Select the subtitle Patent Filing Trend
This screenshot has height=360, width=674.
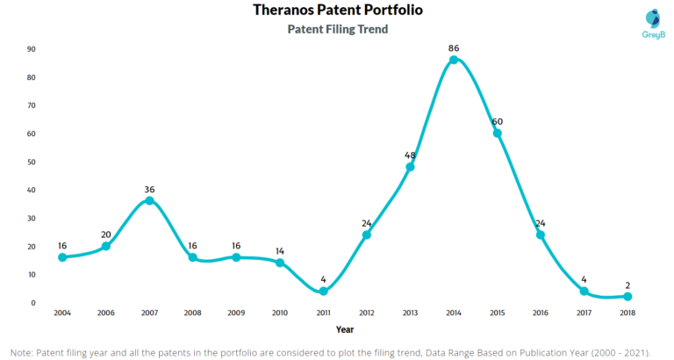tap(337, 29)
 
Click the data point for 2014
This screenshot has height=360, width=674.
tap(454, 60)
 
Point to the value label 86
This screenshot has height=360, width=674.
tap(454, 47)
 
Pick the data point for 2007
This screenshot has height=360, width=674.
tap(149, 200)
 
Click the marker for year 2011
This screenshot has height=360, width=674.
tap(324, 291)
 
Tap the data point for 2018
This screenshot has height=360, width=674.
tap(627, 297)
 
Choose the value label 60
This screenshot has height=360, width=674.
tap(497, 120)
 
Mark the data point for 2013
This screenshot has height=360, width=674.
tap(410, 167)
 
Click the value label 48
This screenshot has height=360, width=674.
tap(410, 155)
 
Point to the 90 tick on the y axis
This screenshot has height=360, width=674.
tap(32, 49)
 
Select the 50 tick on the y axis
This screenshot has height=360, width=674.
tap(32, 162)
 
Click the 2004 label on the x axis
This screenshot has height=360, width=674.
tap(62, 313)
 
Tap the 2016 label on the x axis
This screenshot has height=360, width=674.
tap(541, 313)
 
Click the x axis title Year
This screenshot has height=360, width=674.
tap(345, 329)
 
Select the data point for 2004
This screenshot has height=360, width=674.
tap(62, 257)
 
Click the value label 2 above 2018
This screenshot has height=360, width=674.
tap(627, 284)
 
